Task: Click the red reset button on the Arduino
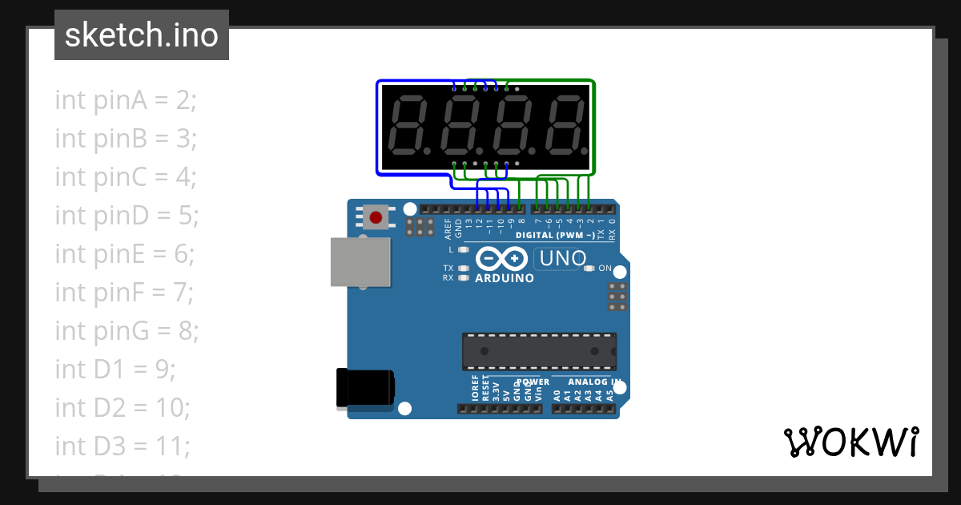[374, 216]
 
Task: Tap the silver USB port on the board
[360, 261]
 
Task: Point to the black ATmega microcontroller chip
[539, 351]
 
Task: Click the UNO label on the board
[563, 259]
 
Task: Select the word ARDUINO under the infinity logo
[505, 278]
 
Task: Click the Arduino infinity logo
[501, 259]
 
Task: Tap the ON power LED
[589, 269]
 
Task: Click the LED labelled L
[463, 249]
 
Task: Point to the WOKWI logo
[850, 442]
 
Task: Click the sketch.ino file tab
[142, 35]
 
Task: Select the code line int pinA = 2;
[126, 100]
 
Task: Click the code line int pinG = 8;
[127, 330]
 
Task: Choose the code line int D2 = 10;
[123, 407]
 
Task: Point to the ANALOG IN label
[589, 382]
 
